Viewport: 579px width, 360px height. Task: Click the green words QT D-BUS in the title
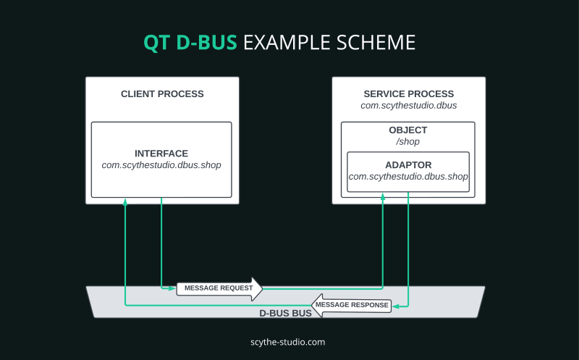click(x=190, y=43)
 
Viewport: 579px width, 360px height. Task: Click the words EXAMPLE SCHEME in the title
click(x=329, y=43)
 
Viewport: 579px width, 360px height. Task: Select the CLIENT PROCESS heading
click(x=162, y=94)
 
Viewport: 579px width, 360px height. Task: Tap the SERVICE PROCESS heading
click(x=408, y=94)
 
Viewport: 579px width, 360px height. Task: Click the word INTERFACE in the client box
click(x=161, y=154)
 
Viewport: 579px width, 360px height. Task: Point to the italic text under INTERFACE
click(x=161, y=165)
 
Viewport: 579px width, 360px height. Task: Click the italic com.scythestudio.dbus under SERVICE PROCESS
click(x=408, y=106)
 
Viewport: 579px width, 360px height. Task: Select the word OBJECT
click(x=408, y=130)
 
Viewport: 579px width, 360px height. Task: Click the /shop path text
click(x=408, y=141)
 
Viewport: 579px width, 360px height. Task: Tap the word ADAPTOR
click(x=408, y=165)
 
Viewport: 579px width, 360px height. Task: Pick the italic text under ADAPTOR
click(x=408, y=177)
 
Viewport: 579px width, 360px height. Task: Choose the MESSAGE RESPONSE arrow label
click(x=352, y=305)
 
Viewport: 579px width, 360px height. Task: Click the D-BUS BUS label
click(x=285, y=314)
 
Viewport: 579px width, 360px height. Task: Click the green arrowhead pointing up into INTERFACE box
click(x=126, y=201)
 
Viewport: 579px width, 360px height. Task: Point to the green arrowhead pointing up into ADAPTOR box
click(x=383, y=196)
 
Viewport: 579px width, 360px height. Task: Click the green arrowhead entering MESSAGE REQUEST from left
click(x=172, y=288)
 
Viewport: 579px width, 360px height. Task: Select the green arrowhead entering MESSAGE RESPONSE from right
click(x=396, y=305)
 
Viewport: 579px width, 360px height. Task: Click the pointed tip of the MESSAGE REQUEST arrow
click(x=261, y=288)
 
